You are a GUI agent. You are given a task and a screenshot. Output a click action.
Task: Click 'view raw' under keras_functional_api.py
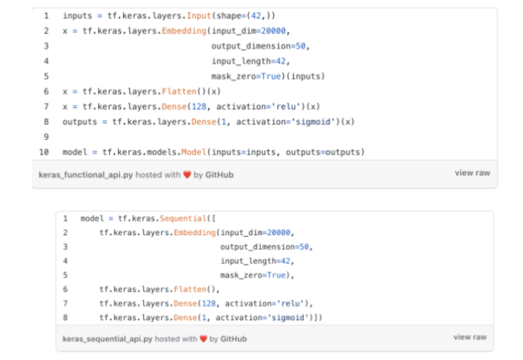pos(472,173)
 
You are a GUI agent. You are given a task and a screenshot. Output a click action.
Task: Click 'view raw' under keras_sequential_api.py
pos(470,337)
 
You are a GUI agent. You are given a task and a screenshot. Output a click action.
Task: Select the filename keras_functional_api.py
pos(86,175)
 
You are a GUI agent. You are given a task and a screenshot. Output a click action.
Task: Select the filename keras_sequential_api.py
pos(108,339)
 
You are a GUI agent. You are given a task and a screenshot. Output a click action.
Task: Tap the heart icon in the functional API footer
pos(187,175)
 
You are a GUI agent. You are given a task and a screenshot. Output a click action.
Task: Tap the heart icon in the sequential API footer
pos(203,339)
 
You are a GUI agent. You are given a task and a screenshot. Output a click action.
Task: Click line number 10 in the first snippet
pos(44,152)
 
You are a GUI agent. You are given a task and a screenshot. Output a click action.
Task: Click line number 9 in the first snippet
pos(46,137)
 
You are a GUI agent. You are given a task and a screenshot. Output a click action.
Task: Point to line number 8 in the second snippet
pos(65,318)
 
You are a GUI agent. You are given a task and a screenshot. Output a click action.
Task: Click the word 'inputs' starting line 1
pos(77,15)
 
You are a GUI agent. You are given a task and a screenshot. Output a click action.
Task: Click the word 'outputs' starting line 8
pos(80,122)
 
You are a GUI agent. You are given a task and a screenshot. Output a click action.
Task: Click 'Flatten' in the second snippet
pos(190,289)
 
